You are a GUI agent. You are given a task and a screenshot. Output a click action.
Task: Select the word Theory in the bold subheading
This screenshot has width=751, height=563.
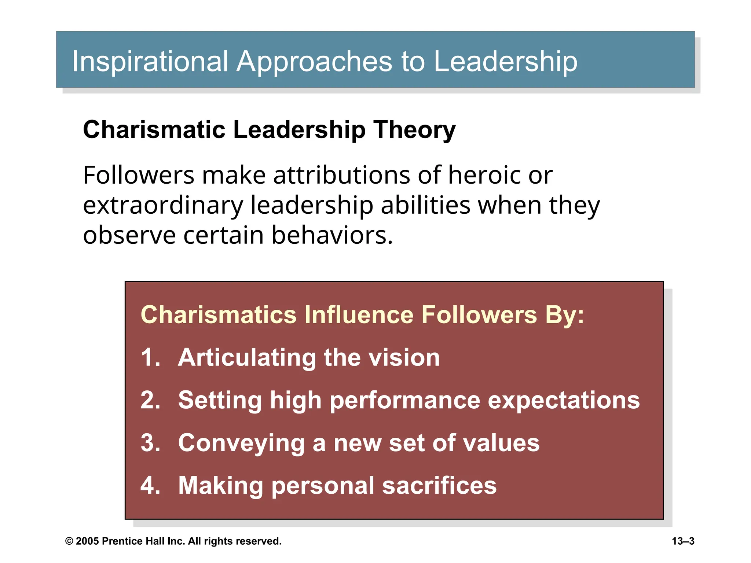click(414, 130)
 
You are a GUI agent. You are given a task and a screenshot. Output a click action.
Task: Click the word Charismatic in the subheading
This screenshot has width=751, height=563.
click(154, 130)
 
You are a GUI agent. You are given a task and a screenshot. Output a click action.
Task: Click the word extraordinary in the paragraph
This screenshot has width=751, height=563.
click(163, 205)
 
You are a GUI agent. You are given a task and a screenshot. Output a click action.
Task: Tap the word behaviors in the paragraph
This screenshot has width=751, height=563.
click(332, 235)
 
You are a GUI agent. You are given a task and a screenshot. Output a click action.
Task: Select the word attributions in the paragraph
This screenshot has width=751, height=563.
click(341, 175)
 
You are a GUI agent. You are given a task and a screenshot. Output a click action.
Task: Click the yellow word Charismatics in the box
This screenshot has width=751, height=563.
click(219, 315)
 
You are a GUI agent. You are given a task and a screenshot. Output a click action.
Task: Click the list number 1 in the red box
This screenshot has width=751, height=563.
click(149, 357)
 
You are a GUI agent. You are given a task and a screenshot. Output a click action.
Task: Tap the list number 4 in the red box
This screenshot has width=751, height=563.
click(150, 485)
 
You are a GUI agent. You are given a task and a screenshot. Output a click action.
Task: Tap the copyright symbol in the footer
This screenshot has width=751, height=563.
click(69, 541)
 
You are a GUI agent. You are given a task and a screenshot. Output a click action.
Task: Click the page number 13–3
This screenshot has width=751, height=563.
click(683, 541)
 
